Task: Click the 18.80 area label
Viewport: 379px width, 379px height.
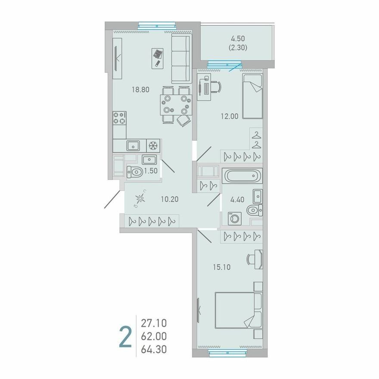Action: (x=140, y=90)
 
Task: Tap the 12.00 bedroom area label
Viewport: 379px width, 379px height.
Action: (x=230, y=116)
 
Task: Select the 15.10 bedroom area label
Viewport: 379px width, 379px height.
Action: (x=222, y=267)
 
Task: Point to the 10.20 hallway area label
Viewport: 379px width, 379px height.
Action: (x=170, y=199)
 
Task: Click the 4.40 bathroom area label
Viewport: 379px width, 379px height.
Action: (x=237, y=200)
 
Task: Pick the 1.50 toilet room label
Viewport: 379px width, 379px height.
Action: (x=151, y=171)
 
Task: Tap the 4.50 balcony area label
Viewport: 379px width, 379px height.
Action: (x=238, y=39)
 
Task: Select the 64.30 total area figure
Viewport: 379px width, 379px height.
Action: (x=154, y=349)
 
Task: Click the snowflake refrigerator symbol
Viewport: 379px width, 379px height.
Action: (x=153, y=146)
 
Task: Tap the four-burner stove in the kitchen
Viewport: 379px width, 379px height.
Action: (x=119, y=118)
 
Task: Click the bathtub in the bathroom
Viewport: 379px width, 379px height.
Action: (x=242, y=175)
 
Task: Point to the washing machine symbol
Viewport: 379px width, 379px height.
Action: (x=234, y=219)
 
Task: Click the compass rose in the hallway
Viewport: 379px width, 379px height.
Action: (x=140, y=199)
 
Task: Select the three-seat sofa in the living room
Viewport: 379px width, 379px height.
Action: (x=181, y=59)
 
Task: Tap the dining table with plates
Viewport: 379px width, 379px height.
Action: (x=176, y=105)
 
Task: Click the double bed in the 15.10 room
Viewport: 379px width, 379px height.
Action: (x=239, y=311)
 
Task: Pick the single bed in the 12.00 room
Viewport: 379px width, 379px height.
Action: (x=252, y=96)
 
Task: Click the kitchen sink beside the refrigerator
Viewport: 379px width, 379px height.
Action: (x=133, y=146)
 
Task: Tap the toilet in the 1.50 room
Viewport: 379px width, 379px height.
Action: (x=135, y=172)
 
